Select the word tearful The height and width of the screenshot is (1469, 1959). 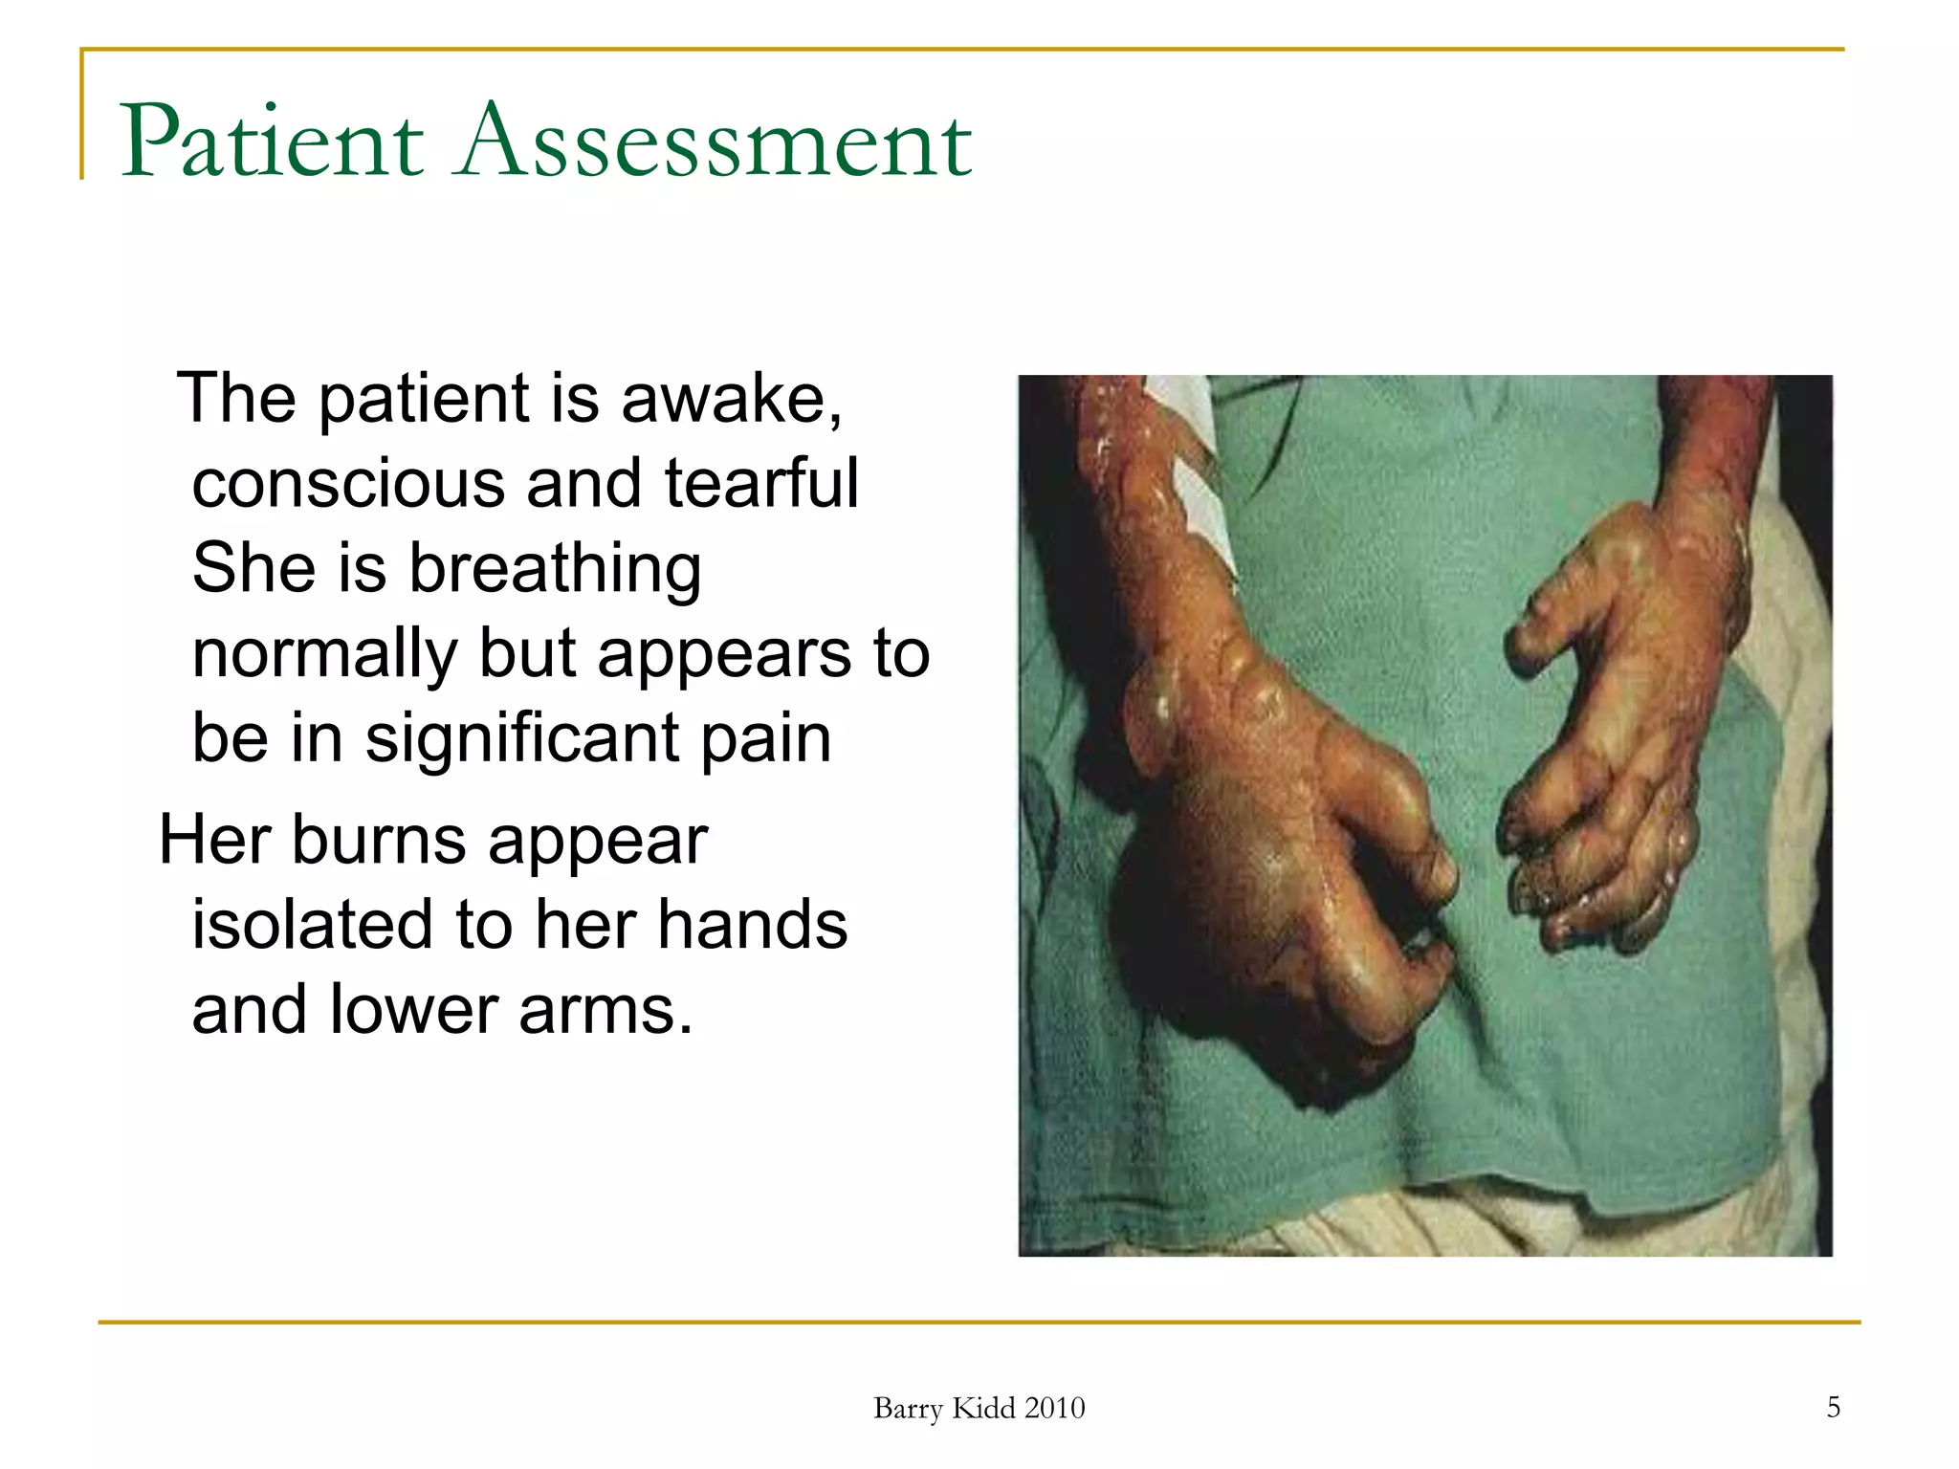[x=761, y=484]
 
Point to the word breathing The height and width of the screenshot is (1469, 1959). [x=555, y=570]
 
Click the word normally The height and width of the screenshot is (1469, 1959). [x=324, y=655]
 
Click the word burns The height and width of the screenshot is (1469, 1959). [x=379, y=842]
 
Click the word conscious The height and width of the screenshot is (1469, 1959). [x=348, y=484]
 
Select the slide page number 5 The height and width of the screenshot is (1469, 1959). [x=1833, y=1407]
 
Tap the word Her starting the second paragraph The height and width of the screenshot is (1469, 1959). [x=214, y=841]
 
